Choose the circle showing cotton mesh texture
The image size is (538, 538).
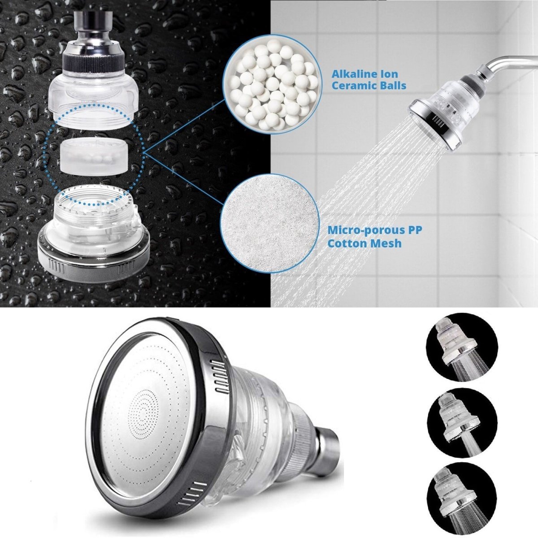pos(268,223)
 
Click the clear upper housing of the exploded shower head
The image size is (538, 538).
pos(92,96)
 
